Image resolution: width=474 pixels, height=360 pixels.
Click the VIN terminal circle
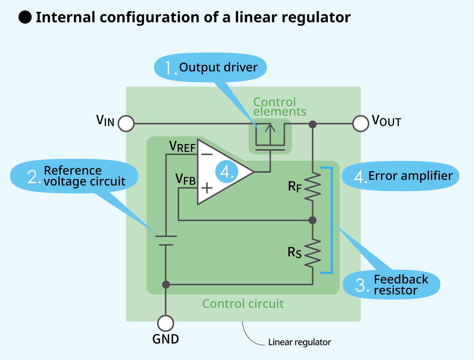click(x=126, y=124)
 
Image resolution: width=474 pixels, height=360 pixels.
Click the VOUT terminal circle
click(x=360, y=124)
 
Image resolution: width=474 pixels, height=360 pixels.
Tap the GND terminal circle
click(x=166, y=323)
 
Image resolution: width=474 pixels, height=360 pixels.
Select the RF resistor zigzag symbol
click(x=313, y=187)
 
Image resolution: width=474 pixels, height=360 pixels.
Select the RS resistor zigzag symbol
click(x=313, y=253)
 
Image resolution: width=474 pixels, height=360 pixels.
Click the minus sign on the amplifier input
click(x=207, y=154)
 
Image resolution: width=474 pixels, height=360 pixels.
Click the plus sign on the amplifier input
click(x=207, y=188)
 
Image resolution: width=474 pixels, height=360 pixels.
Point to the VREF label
click(x=182, y=147)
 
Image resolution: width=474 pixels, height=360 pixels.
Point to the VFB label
click(x=185, y=180)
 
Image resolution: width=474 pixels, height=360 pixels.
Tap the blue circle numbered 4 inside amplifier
click(x=227, y=172)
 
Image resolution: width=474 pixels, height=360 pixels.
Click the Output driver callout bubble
click(x=210, y=68)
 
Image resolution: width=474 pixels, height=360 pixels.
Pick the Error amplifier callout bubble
click(x=400, y=176)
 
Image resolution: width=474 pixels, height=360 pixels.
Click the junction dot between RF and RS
click(x=312, y=220)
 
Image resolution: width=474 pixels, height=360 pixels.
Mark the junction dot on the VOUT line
click(x=312, y=124)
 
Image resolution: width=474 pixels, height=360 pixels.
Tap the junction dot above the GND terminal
click(x=166, y=284)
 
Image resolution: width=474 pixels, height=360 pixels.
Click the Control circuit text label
click(x=243, y=304)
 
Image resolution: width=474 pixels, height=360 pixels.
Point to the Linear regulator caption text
click(x=299, y=342)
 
